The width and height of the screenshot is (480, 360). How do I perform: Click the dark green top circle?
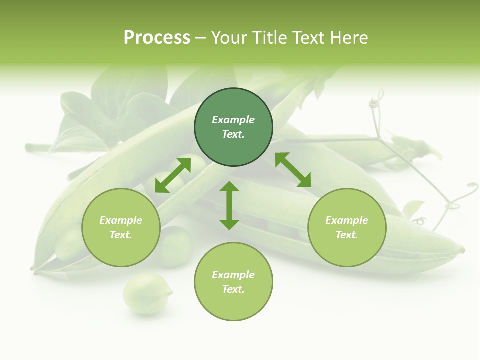pyautogui.click(x=233, y=127)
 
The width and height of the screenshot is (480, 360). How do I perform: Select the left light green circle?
pyautogui.click(x=121, y=227)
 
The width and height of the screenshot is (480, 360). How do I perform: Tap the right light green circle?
pyautogui.click(x=347, y=227)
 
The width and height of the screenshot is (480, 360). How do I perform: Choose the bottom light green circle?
pyautogui.click(x=233, y=282)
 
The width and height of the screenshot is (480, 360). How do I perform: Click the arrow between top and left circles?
pyautogui.click(x=173, y=175)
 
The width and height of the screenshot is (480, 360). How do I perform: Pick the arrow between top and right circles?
pyautogui.click(x=293, y=170)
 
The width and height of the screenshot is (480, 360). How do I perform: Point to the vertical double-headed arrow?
pyautogui.click(x=229, y=205)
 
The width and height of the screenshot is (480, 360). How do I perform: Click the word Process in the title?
pyautogui.click(x=157, y=37)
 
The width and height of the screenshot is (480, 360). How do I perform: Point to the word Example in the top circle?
pyautogui.click(x=233, y=120)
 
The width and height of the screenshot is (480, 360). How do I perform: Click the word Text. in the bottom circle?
pyautogui.click(x=233, y=289)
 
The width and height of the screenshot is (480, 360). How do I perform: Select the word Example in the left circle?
pyautogui.click(x=121, y=220)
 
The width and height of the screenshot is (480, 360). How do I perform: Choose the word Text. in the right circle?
pyautogui.click(x=347, y=235)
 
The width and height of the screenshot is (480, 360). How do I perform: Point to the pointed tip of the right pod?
pyautogui.click(x=462, y=249)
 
